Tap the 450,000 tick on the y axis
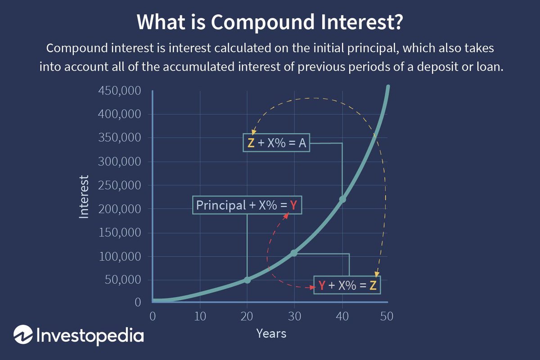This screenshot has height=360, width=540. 119,91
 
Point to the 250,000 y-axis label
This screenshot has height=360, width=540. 119,185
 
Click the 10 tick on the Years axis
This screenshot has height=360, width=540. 200,316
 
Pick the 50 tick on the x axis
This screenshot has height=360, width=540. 386,316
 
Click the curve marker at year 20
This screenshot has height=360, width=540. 247,280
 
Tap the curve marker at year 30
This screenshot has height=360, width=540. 294,253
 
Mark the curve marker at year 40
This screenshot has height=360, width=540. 342,199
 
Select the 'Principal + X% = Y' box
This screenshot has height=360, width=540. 247,205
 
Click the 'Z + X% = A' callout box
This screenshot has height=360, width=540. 276,143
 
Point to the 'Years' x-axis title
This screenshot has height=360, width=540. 271,333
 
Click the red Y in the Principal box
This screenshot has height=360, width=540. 293,206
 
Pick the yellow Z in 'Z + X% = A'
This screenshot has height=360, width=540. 251,144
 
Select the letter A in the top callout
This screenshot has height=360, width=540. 302,144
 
